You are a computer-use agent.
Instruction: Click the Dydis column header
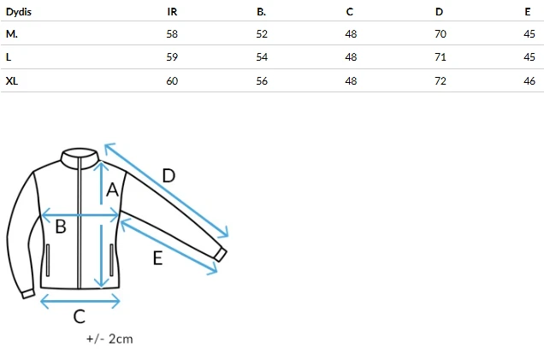19,12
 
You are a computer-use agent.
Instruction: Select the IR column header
172,12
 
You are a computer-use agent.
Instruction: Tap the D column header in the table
440,12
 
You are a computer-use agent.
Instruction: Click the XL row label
12,81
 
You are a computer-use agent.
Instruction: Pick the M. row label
12,34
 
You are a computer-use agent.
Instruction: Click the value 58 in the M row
172,34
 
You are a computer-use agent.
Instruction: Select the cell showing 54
262,57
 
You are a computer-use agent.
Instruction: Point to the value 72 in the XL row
441,81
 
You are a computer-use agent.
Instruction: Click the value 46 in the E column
529,81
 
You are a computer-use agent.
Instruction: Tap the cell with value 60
172,81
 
